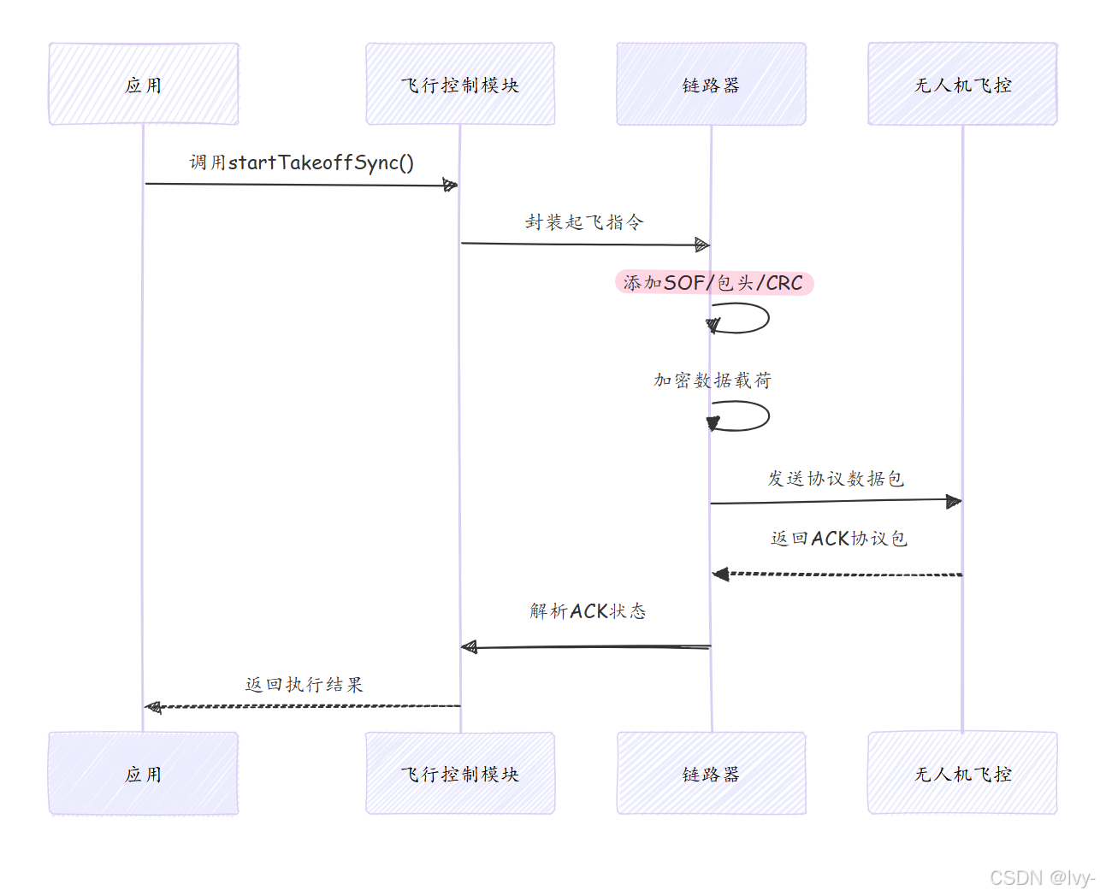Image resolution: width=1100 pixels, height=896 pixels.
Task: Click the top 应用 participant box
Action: (144, 85)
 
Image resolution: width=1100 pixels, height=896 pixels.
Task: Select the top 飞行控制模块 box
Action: (460, 85)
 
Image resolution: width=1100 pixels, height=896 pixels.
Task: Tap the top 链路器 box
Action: (711, 85)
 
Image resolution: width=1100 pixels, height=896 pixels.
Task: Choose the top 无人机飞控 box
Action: (962, 85)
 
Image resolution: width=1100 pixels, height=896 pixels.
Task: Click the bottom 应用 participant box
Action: (144, 774)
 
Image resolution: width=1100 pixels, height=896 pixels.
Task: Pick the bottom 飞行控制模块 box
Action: (460, 774)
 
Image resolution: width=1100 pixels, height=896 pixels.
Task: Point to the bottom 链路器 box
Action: (711, 774)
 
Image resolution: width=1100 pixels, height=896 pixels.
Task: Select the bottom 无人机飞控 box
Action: (962, 774)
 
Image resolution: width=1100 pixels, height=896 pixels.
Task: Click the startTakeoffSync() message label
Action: (302, 162)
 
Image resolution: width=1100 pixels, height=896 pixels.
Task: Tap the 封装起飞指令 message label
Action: (584, 222)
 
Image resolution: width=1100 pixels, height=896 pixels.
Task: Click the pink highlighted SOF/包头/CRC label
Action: (713, 283)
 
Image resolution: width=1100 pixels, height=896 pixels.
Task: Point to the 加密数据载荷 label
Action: (713, 380)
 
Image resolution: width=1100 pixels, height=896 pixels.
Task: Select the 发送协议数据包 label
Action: (836, 479)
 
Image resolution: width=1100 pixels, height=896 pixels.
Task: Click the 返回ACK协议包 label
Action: (838, 539)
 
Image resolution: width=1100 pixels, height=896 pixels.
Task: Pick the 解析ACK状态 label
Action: (588, 611)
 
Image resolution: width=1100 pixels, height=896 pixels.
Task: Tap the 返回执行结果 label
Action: (304, 685)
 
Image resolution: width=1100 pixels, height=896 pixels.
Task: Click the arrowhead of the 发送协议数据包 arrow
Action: (953, 501)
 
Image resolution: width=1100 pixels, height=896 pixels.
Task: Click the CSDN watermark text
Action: (1041, 878)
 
